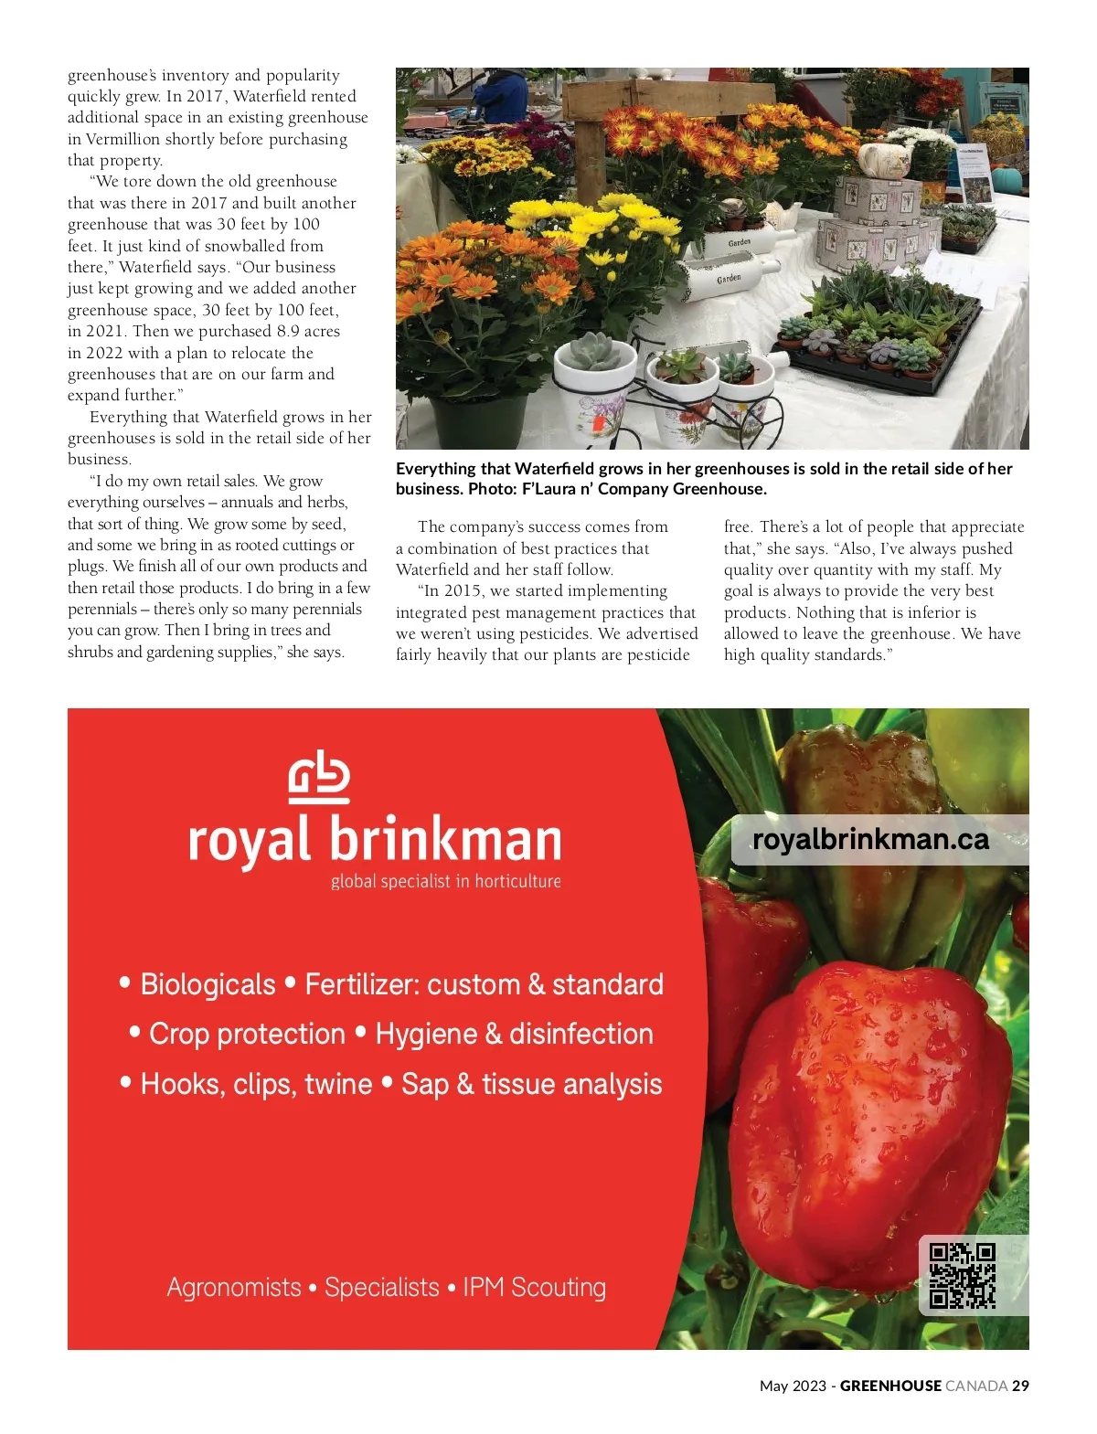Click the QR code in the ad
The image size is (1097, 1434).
(x=962, y=1275)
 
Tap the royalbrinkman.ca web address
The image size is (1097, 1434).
(x=870, y=839)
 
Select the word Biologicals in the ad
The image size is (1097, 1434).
(x=208, y=984)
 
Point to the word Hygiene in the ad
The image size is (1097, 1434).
(x=426, y=1034)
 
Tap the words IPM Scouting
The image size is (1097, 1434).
(x=534, y=1287)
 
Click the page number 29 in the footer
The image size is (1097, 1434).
(x=1020, y=1386)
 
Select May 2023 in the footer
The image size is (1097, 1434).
(x=792, y=1386)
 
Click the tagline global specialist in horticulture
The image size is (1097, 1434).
(x=445, y=881)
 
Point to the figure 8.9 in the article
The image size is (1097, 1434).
(x=289, y=331)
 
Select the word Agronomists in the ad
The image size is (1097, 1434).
(x=234, y=1287)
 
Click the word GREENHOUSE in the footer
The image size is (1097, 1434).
(x=890, y=1386)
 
